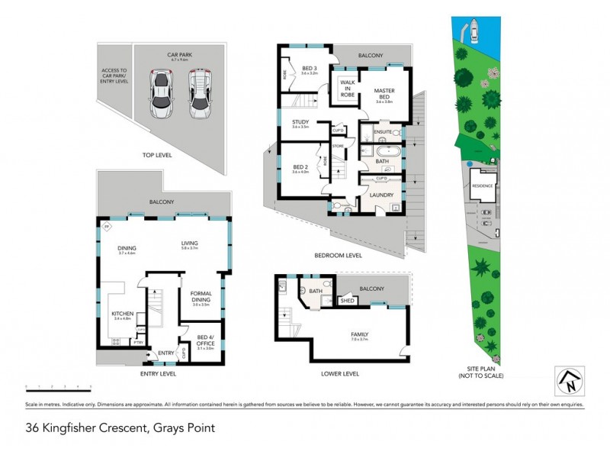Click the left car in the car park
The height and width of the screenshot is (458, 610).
[x=162, y=94]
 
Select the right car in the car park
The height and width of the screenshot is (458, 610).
[x=199, y=93]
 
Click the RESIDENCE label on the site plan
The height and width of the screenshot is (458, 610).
[x=483, y=185]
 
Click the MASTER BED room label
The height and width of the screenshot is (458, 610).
[x=383, y=94]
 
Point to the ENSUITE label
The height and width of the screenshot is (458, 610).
[x=383, y=132]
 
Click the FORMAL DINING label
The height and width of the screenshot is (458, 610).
[x=201, y=298]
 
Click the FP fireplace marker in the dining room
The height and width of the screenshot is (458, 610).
[x=106, y=227]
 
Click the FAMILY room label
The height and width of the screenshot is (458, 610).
[x=359, y=334]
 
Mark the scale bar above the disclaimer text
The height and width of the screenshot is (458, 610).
[x=58, y=387]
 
